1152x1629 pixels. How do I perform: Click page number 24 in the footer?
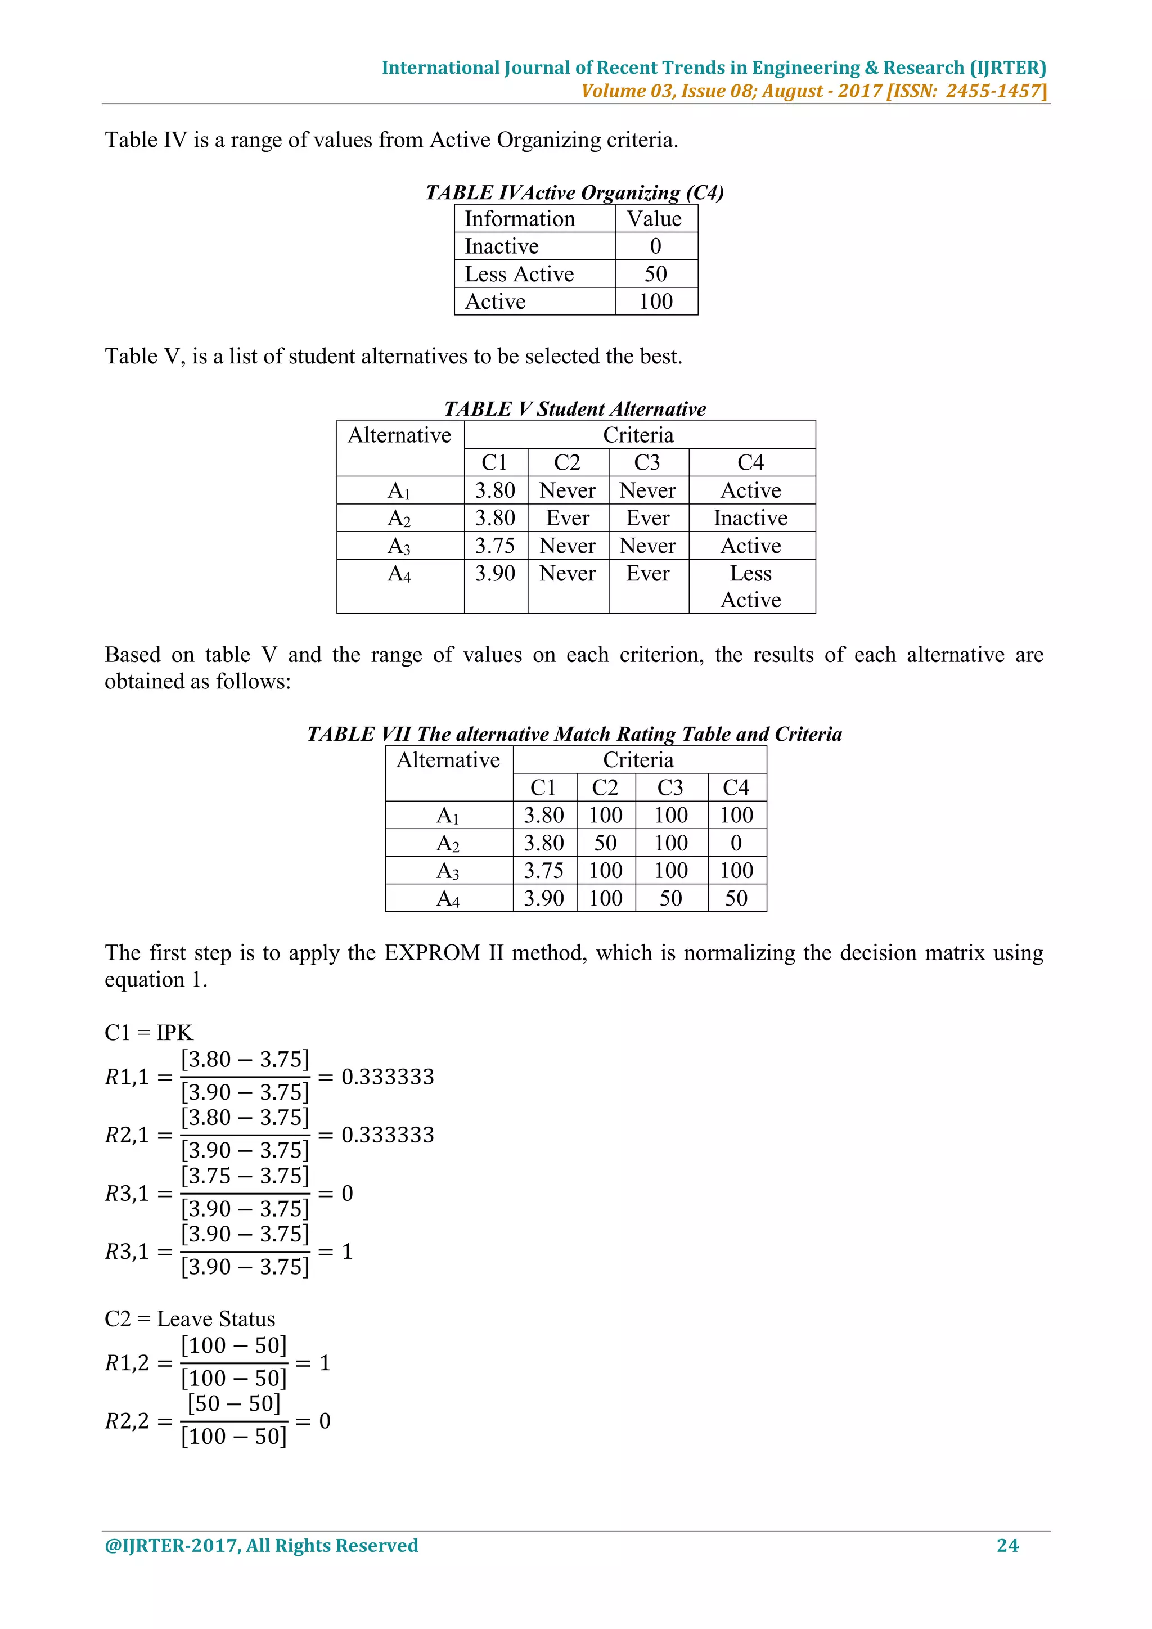pyautogui.click(x=1007, y=1545)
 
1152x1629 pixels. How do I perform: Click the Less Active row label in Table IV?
pyautogui.click(x=519, y=274)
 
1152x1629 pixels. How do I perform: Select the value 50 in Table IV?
pyautogui.click(x=655, y=274)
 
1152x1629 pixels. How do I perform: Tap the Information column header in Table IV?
pyautogui.click(x=519, y=218)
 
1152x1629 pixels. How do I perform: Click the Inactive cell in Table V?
pyautogui.click(x=750, y=518)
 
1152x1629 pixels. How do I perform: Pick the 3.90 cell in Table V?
pyautogui.click(x=495, y=573)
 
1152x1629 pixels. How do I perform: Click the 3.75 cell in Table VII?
pyautogui.click(x=543, y=871)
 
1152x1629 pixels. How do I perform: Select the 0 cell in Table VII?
pyautogui.click(x=736, y=843)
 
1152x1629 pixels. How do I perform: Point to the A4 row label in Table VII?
pyautogui.click(x=448, y=899)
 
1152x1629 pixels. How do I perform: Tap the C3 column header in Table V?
pyautogui.click(x=647, y=462)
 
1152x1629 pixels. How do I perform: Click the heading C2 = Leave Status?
pyautogui.click(x=190, y=1319)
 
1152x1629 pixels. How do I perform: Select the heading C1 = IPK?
pyautogui.click(x=148, y=1032)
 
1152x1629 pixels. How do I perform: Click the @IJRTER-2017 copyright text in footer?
pyautogui.click(x=261, y=1545)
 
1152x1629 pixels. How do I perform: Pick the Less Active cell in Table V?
pyautogui.click(x=750, y=587)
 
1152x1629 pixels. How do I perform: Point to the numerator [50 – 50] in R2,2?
pyautogui.click(x=234, y=1403)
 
